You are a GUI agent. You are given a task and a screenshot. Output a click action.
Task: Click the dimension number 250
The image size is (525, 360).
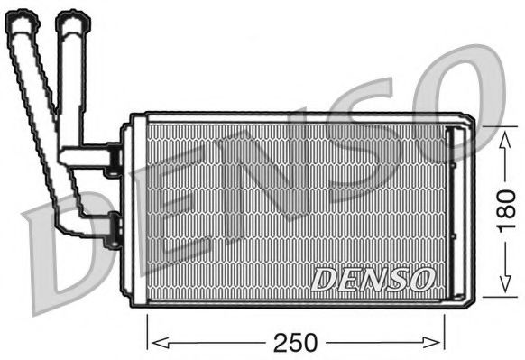(x=295, y=342)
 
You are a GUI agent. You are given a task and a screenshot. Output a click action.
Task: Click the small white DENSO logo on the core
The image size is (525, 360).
(x=373, y=279)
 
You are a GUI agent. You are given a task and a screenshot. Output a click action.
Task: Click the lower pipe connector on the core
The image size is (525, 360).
(x=112, y=229)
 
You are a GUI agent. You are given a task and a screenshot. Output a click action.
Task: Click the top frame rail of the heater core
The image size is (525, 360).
(x=298, y=118)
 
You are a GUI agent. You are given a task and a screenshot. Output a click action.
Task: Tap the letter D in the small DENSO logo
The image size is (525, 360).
(x=324, y=280)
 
